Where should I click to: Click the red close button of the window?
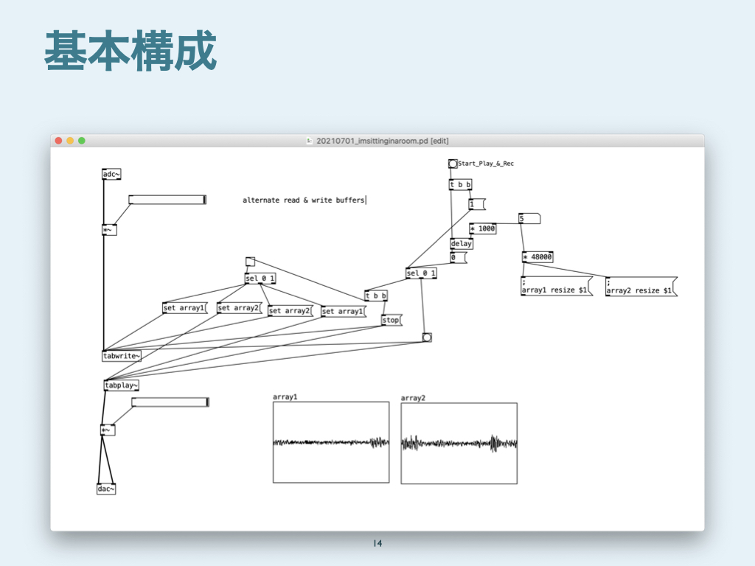click(58, 141)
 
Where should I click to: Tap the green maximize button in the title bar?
click(82, 141)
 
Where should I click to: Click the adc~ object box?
click(111, 175)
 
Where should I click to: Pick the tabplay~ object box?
click(122, 385)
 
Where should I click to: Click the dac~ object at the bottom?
click(106, 489)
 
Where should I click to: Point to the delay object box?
click(462, 243)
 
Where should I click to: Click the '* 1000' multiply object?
click(483, 228)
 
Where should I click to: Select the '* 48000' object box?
click(537, 257)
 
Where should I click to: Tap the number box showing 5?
click(529, 218)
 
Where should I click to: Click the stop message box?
click(391, 321)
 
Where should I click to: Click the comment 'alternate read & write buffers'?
click(304, 200)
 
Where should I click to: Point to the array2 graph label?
click(413, 398)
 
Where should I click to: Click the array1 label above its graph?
click(285, 397)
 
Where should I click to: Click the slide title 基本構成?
click(131, 52)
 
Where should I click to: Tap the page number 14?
click(377, 544)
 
